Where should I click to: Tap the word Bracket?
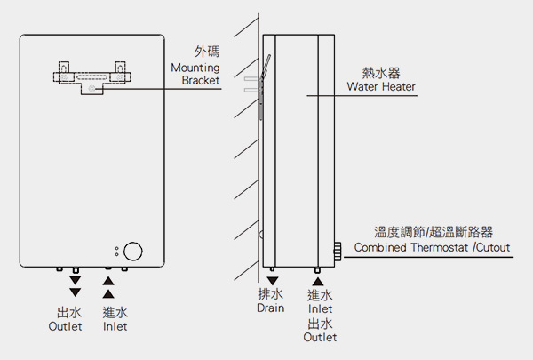pos(201,80)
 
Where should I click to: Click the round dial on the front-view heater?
pos(134,252)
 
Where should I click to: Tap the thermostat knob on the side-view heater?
pos(338,252)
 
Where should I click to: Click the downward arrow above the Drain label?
pos(271,281)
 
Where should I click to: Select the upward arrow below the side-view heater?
pos(318,281)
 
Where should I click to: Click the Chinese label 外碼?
pos(207,52)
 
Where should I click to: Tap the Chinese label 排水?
pos(270,294)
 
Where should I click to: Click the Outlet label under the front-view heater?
pos(64,327)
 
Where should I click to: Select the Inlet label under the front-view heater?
pos(114,327)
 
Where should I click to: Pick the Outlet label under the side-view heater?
pos(320,338)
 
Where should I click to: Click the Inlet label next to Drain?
pos(320,308)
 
